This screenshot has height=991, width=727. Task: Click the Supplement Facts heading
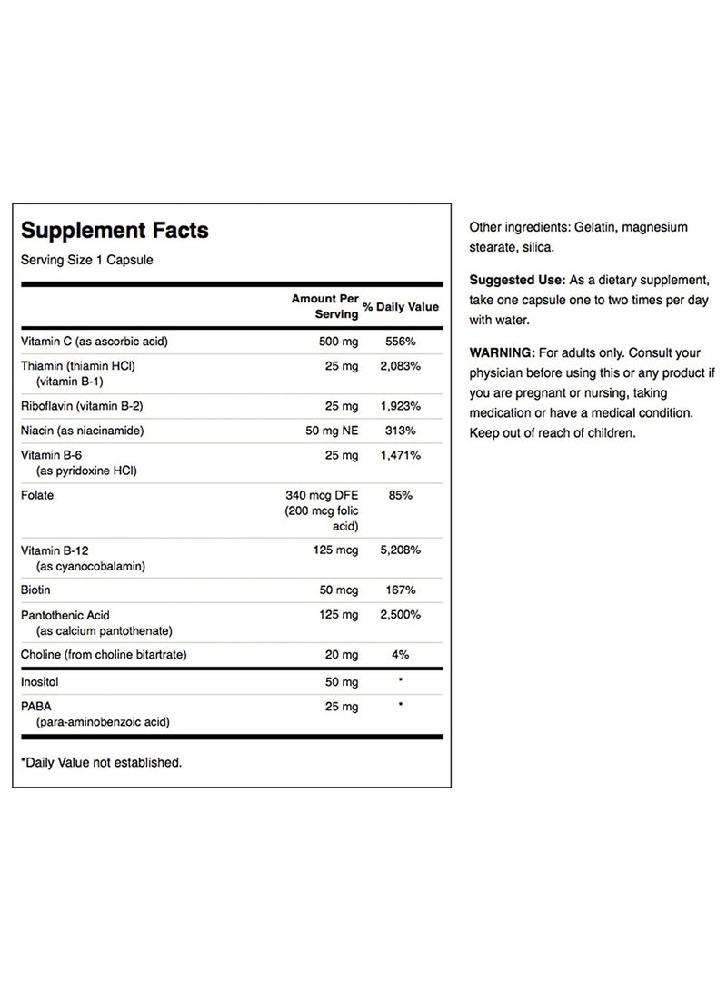pyautogui.click(x=115, y=231)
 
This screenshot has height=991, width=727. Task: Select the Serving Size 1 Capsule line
pyautogui.click(x=87, y=260)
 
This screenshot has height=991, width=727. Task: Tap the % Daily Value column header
pyautogui.click(x=401, y=307)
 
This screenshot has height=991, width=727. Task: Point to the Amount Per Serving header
pyautogui.click(x=325, y=305)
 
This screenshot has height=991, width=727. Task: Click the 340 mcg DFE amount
pyautogui.click(x=323, y=496)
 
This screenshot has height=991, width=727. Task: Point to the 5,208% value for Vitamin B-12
pyautogui.click(x=401, y=550)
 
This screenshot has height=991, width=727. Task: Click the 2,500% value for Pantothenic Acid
pyautogui.click(x=401, y=615)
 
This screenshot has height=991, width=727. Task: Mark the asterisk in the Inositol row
pyautogui.click(x=401, y=679)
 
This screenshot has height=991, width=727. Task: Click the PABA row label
pyautogui.click(x=36, y=706)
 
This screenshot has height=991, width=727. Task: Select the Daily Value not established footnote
pyautogui.click(x=101, y=762)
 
